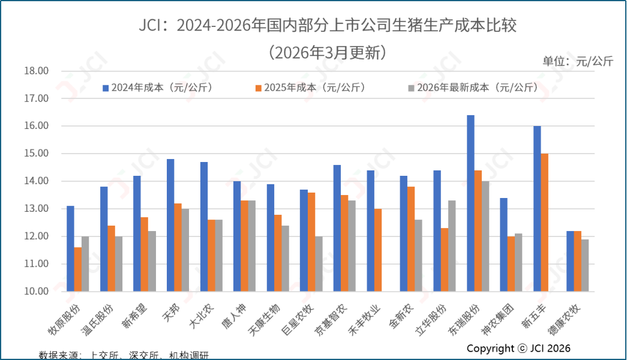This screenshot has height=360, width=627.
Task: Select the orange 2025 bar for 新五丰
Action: coord(545,222)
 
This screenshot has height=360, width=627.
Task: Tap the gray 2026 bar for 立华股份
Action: coord(452,245)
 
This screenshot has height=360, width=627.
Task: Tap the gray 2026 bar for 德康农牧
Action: coord(585,265)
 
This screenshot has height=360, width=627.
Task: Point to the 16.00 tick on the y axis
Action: coord(36,126)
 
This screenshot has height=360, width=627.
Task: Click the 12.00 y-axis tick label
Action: coord(36,236)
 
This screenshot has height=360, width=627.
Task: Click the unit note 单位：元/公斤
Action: coord(578,61)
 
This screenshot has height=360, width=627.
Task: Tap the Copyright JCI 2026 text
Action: coord(518,349)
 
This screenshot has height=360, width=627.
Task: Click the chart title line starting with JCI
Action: coord(328,26)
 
